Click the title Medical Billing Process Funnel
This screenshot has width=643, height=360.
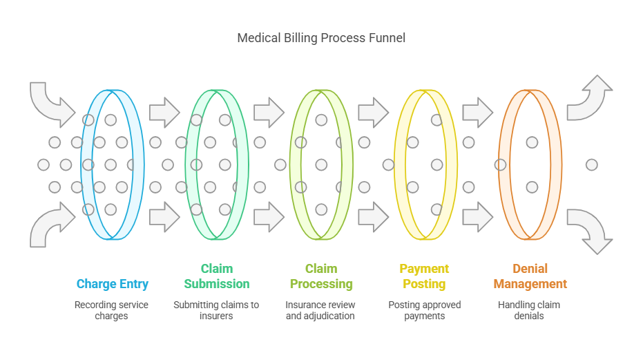click(321, 38)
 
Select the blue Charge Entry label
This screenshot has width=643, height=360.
click(113, 284)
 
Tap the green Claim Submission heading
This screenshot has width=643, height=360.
click(217, 276)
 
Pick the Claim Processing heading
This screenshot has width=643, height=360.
click(321, 276)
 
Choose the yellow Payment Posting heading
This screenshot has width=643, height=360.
click(424, 276)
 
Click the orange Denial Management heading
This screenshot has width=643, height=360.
click(530, 276)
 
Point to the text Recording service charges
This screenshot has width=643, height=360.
click(111, 310)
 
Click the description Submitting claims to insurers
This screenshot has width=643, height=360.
click(216, 310)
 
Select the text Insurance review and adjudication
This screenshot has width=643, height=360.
click(320, 310)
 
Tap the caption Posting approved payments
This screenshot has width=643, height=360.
click(425, 310)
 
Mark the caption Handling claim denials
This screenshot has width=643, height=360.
click(529, 310)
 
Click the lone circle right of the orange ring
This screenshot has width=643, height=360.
click(591, 165)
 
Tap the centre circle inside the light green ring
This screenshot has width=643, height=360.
click(321, 165)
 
